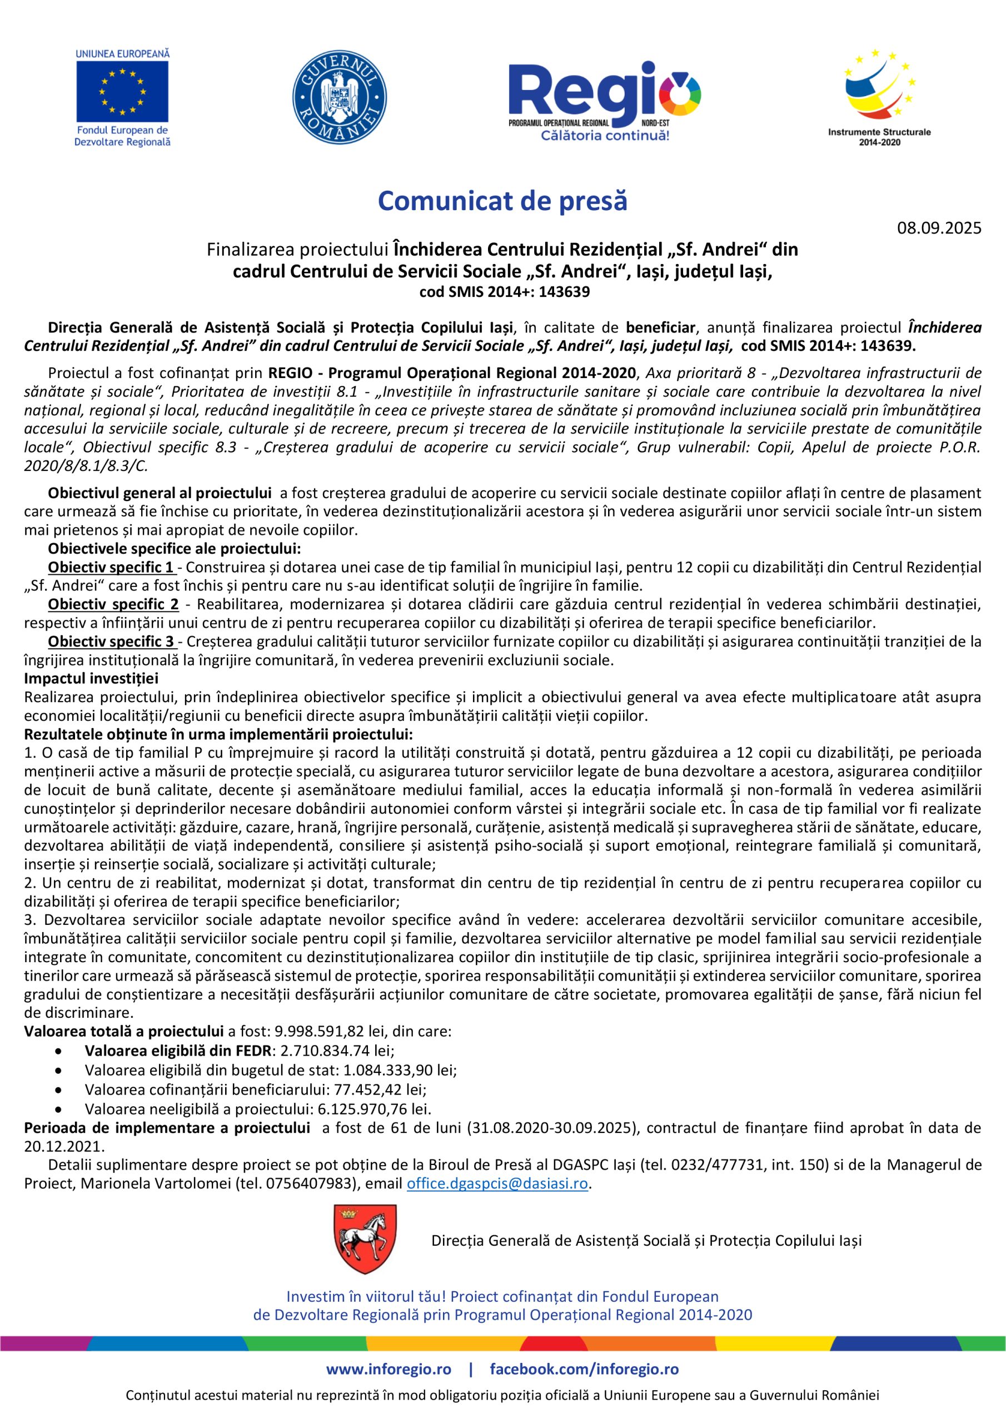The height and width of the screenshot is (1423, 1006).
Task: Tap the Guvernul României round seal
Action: coord(339,98)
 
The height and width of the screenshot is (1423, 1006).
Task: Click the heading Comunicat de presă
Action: coord(502,201)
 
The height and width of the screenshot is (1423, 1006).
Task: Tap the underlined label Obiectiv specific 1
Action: coord(111,567)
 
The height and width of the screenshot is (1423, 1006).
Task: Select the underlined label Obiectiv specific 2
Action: coord(113,604)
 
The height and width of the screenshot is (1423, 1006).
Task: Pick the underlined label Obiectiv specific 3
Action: coord(111,641)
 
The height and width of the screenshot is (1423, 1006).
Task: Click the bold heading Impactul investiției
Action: coord(91,679)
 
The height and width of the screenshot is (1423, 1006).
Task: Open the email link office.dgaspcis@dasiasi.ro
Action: coord(497,1183)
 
